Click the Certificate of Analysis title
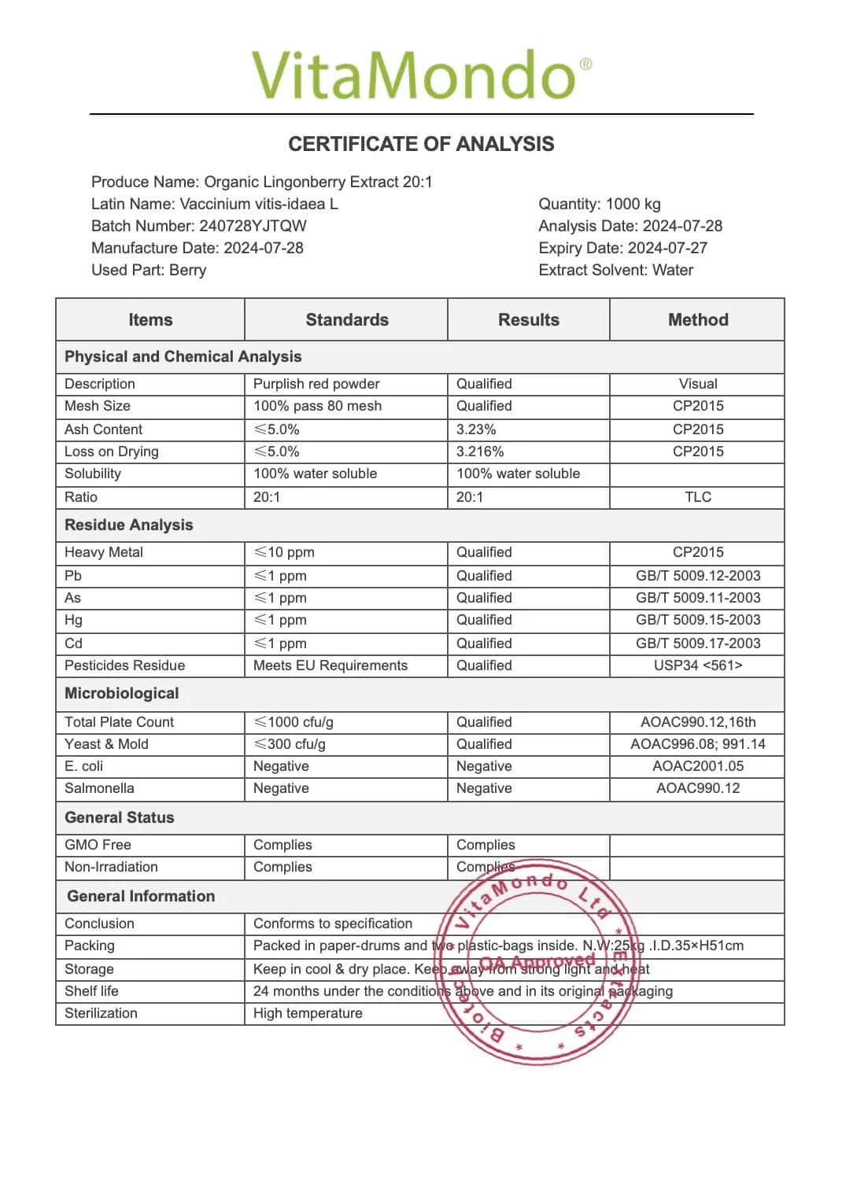tap(421, 144)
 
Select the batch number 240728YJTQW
tap(253, 226)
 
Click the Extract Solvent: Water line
tap(615, 270)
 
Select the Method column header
tap(697, 319)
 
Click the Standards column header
tap(346, 319)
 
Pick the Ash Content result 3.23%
tap(476, 429)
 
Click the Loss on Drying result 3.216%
tap(480, 452)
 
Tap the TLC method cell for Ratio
tap(697, 497)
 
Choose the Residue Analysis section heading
tap(128, 525)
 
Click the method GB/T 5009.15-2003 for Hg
tap(697, 620)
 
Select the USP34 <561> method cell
tap(697, 666)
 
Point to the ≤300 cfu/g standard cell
tap(290, 744)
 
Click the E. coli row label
tap(83, 766)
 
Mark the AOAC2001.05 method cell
tap(697, 766)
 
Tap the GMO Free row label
tap(98, 845)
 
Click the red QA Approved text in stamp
tap(537, 962)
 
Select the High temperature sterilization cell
tap(308, 1013)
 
